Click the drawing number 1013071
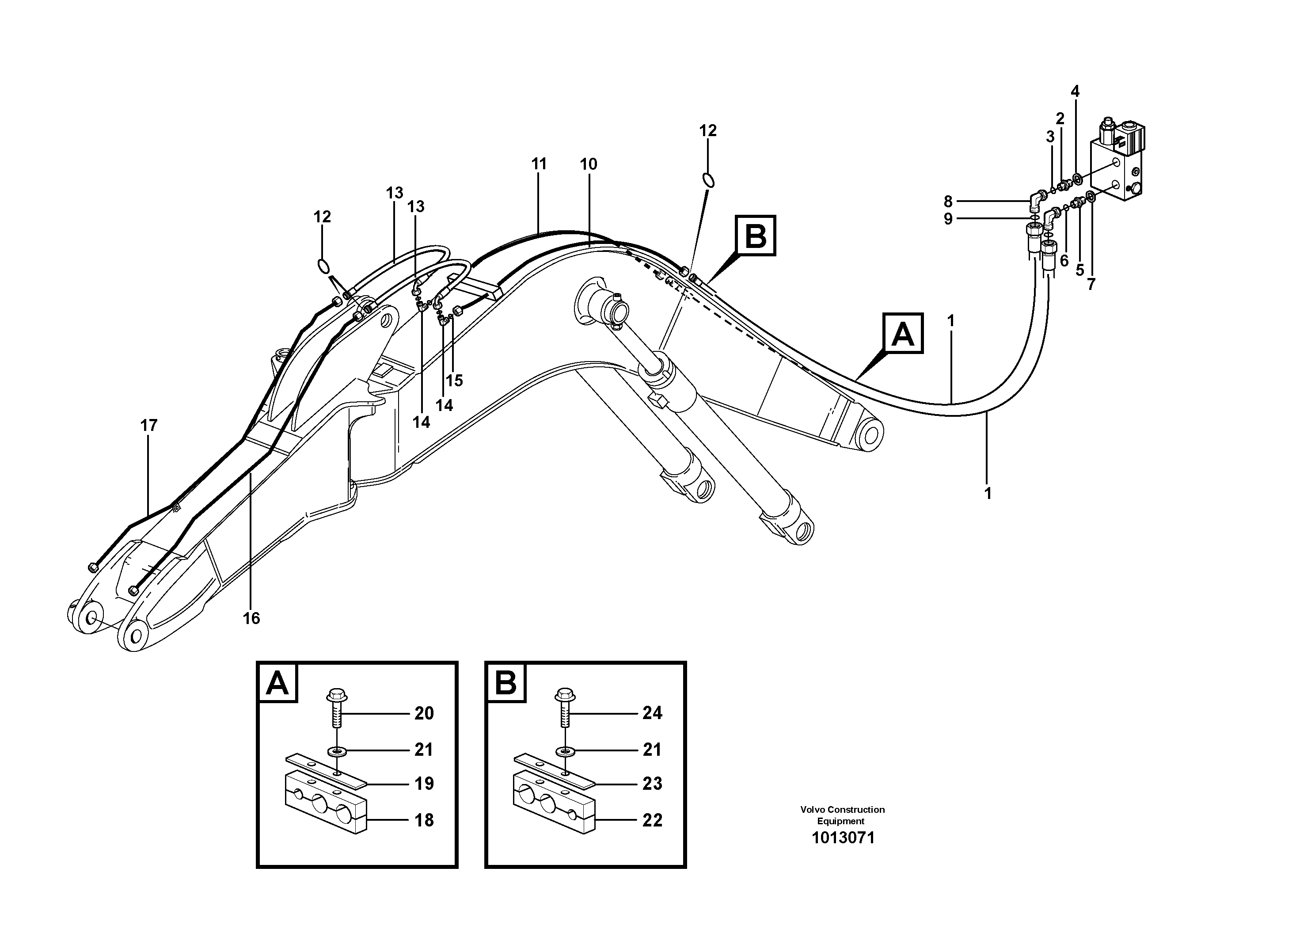[x=843, y=838]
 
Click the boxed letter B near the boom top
[x=756, y=236]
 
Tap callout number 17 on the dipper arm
[x=149, y=426]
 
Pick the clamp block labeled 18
[x=325, y=807]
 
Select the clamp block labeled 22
[x=554, y=807]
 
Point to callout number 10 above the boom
[x=588, y=164]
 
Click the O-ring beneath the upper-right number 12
[x=708, y=180]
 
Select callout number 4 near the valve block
[x=1075, y=91]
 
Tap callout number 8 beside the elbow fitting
[x=948, y=202]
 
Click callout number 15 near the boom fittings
[x=454, y=380]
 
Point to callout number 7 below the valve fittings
[x=1091, y=284]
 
